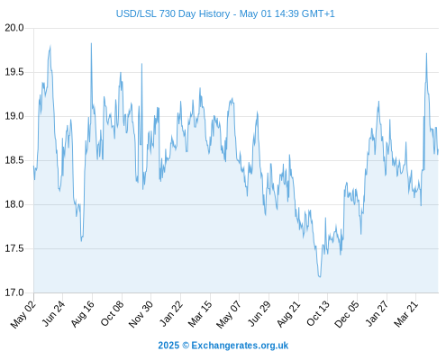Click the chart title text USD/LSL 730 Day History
pos(173,13)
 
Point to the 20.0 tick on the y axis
pos(14,28)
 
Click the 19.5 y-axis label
pos(14,72)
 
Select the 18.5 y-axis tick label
pos(14,160)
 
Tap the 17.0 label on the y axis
pos(14,292)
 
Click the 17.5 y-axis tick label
pos(14,248)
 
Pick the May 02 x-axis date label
pos(23,314)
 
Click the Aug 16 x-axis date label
pos(82,314)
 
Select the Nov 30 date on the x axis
pos(141,314)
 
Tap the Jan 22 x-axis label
pos(170,314)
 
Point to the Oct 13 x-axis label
pos(318,314)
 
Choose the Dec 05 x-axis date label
pos(347,314)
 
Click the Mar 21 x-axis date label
pos(406,314)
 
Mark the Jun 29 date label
pos(259,314)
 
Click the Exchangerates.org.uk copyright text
pos(240,346)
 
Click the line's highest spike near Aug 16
pos(91,43)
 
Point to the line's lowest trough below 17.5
pos(320,276)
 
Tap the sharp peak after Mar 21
pos(426,54)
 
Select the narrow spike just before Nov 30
pos(141,64)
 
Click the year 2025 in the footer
pos(168,346)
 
